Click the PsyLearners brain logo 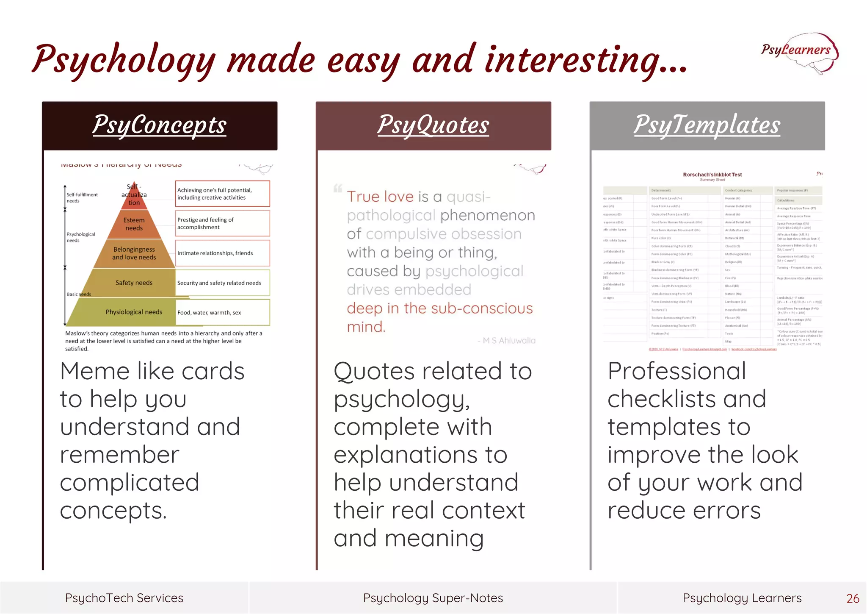coord(799,53)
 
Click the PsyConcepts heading coord(160,125)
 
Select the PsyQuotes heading coord(433,125)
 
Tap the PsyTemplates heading coord(707,125)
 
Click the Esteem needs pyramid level coord(134,224)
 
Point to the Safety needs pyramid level coord(134,283)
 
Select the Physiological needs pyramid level coord(134,312)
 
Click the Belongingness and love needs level coord(134,253)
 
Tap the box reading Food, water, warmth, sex coord(222,312)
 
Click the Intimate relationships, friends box coord(222,253)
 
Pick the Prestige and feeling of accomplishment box coord(222,223)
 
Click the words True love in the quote coord(380,197)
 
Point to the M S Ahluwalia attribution coord(506,341)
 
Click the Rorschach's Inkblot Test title coord(712,175)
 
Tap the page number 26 coord(853,598)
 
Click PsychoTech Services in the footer coord(124,598)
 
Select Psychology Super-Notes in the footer coord(433,598)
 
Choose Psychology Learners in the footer coord(742,598)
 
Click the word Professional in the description coord(676,371)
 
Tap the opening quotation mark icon coord(338,188)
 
